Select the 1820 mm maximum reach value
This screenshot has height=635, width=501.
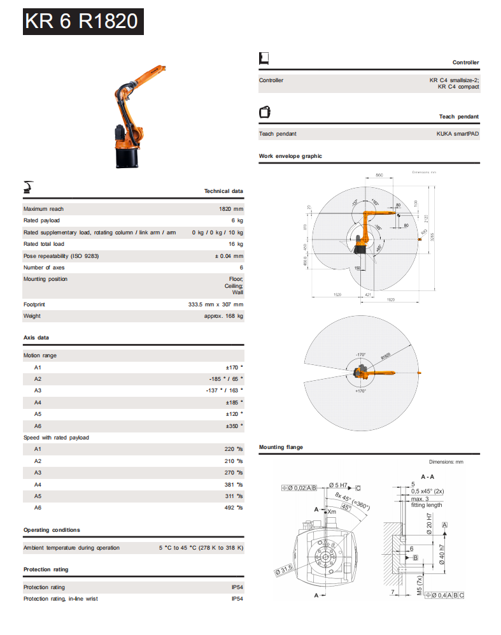pyautogui.click(x=230, y=209)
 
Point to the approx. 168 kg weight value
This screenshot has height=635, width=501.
pyautogui.click(x=223, y=316)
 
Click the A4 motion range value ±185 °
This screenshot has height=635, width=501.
pyautogui.click(x=234, y=403)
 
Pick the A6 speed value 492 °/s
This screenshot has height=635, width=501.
pyautogui.click(x=234, y=508)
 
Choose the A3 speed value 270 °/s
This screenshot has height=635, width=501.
pyautogui.click(x=234, y=473)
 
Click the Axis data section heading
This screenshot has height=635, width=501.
pyautogui.click(x=36, y=338)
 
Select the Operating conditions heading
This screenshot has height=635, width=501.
pyautogui.click(x=52, y=530)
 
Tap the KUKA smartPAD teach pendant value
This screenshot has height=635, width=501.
pyautogui.click(x=457, y=134)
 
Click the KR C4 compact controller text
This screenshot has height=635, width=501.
pyautogui.click(x=458, y=87)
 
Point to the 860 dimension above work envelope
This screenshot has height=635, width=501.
pyautogui.click(x=379, y=175)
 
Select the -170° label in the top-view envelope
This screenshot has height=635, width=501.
pyautogui.click(x=361, y=355)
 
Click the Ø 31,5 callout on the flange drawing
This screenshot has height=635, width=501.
pyautogui.click(x=283, y=569)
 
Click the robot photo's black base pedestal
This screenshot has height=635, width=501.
pyautogui.click(x=127, y=155)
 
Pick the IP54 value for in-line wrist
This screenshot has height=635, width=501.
pyautogui.click(x=237, y=599)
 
